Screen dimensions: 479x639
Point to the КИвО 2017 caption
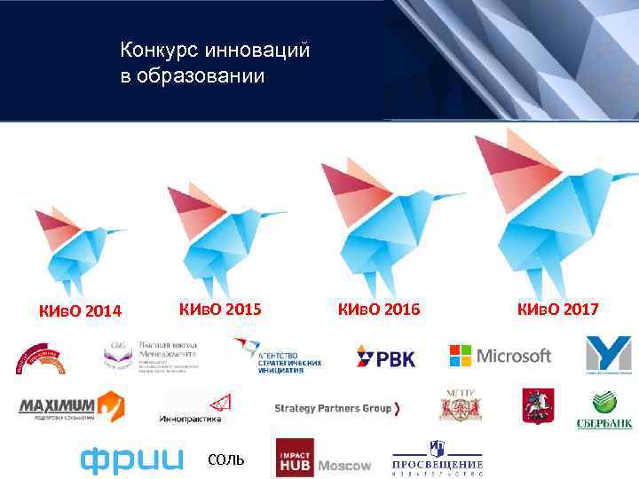point(557,309)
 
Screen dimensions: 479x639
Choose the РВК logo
point(385,357)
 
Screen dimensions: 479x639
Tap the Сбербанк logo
point(605,410)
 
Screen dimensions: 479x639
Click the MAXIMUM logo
point(71,406)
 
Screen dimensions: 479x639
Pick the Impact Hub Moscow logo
point(323,458)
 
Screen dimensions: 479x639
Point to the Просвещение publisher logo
point(438,458)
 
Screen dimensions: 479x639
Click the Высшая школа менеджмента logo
point(151,356)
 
